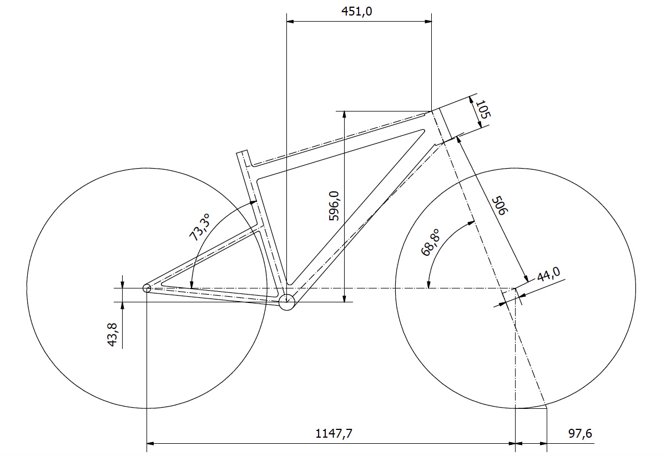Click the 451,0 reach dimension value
tap(356, 12)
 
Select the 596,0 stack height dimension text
tap(334, 206)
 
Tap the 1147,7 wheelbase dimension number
tap(334, 434)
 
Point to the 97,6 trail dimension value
tap(580, 434)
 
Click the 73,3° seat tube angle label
tap(200, 227)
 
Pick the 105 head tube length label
tap(483, 110)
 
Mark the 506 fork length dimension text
tap(500, 205)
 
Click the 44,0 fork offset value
tap(548, 274)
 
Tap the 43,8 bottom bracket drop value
tap(112, 335)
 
